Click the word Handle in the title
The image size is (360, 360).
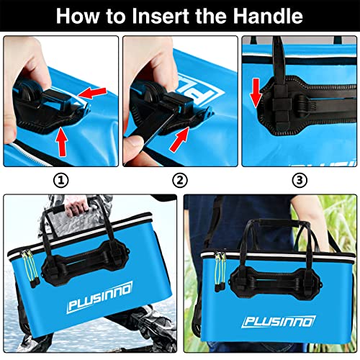point(268,16)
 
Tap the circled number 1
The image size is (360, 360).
point(60,181)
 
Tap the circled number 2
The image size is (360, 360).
point(180,181)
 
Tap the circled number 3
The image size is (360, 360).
point(300,180)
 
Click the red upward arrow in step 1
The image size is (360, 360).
point(61,142)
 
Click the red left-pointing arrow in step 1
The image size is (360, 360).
point(92,93)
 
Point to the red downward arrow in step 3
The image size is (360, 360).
point(256,93)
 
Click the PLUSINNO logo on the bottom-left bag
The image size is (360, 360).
point(100,297)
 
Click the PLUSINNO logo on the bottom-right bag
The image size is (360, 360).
point(279,321)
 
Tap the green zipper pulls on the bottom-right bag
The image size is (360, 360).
point(220,271)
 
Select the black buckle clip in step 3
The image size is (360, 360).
point(281,102)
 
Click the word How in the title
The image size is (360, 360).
point(77,16)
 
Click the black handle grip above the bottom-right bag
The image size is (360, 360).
point(278,222)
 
